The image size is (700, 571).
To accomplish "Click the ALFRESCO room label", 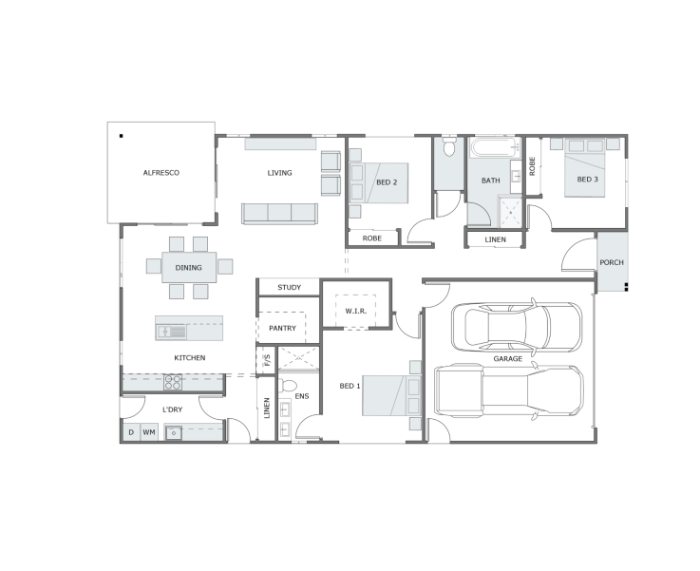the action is (x=161, y=173).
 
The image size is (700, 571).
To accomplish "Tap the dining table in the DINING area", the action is (x=189, y=267).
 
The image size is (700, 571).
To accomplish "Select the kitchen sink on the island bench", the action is (x=171, y=332).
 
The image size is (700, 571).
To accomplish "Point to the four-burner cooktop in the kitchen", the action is (x=173, y=383).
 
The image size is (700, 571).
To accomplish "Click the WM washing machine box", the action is (x=149, y=432).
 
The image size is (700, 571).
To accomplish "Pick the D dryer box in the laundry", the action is (x=131, y=432).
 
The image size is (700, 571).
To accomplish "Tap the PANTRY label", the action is (x=282, y=328).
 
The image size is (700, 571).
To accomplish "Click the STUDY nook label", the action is (x=290, y=287).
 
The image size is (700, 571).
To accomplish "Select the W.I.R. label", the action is (x=356, y=311).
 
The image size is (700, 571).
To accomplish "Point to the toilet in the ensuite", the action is (x=288, y=385).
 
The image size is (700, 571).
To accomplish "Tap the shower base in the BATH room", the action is (x=510, y=212).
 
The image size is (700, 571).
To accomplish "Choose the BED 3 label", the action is (x=588, y=179).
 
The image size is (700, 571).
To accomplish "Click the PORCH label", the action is (x=612, y=262).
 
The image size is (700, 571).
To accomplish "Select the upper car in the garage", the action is (x=517, y=327).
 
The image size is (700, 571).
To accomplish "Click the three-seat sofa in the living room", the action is (x=279, y=213).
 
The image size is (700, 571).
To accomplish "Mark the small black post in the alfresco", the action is (x=121, y=136).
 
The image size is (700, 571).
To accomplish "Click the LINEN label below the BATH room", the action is (x=496, y=239).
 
